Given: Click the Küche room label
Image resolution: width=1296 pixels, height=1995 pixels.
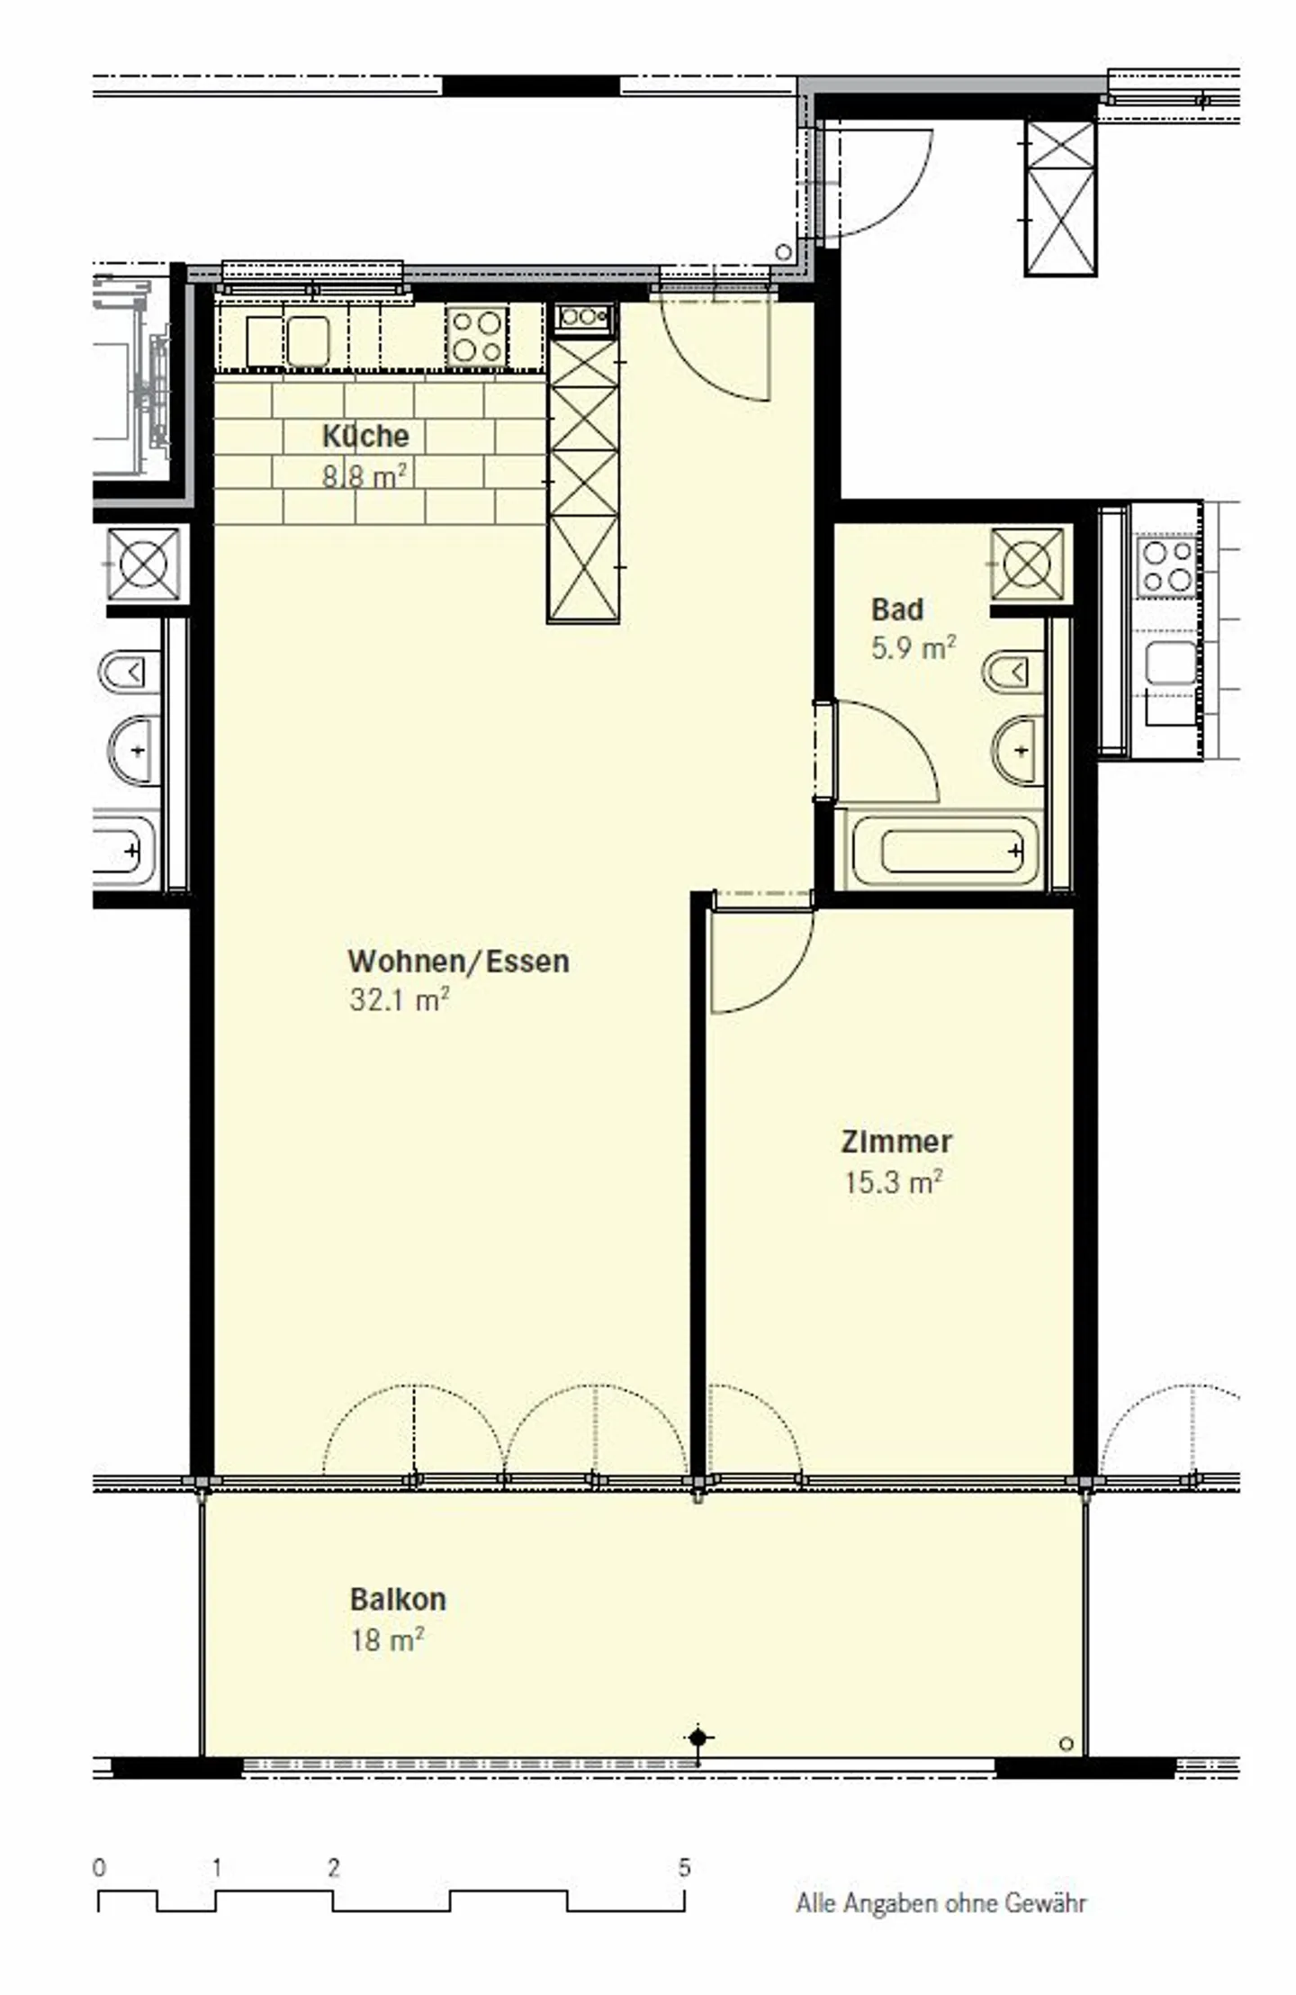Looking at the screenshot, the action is (x=365, y=436).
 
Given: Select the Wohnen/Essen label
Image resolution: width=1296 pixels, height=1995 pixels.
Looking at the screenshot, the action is (x=458, y=961).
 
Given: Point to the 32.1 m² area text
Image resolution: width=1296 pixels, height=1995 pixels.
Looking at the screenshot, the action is (x=399, y=999).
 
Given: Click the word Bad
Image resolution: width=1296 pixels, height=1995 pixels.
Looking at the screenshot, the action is (x=896, y=609).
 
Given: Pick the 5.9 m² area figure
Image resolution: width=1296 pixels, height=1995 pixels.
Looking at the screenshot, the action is (x=913, y=647).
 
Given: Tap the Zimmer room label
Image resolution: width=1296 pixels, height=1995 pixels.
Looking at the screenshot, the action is (x=895, y=1142).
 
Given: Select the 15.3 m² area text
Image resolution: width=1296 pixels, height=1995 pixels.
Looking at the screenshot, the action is (x=893, y=1181).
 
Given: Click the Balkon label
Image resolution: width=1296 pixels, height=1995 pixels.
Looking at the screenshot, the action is (x=398, y=1599).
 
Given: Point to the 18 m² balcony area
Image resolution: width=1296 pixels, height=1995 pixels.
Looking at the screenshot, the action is (x=386, y=1639).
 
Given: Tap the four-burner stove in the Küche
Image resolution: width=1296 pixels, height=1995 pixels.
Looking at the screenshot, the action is (x=477, y=335).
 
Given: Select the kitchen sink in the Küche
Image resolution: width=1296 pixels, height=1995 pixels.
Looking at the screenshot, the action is (x=307, y=341).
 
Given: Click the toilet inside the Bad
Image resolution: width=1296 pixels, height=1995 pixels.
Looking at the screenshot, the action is (x=1014, y=672).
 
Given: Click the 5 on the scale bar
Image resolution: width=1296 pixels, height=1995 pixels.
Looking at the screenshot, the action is (x=684, y=1868).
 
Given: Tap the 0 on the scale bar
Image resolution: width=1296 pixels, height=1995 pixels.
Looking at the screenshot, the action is (x=99, y=1868).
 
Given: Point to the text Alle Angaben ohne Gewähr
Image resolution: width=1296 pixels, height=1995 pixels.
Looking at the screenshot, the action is (x=941, y=1903).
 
